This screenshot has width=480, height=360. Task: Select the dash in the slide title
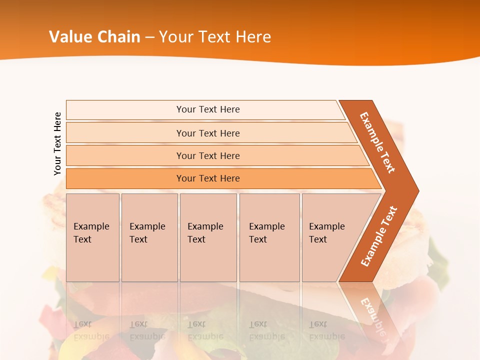150,37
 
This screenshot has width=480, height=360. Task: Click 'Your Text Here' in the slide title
215,37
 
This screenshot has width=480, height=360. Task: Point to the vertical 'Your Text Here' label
57,144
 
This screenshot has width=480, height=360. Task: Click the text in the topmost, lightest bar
208,109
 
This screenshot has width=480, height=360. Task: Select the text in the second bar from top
208,133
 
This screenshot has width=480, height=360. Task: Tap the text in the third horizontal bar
208,156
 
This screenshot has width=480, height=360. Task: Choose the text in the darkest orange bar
208,178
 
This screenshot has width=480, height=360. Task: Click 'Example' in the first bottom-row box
91,226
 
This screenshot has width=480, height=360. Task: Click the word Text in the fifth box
318,239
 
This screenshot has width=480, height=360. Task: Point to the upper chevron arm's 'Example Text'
377,142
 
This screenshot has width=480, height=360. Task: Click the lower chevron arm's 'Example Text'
378,236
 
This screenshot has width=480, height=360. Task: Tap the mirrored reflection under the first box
91,330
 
